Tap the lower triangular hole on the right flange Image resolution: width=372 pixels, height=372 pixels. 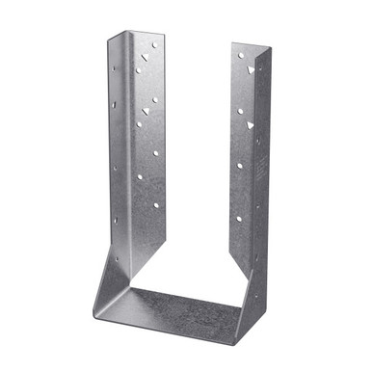[250, 125]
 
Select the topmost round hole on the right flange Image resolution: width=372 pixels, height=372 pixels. [240, 56]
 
